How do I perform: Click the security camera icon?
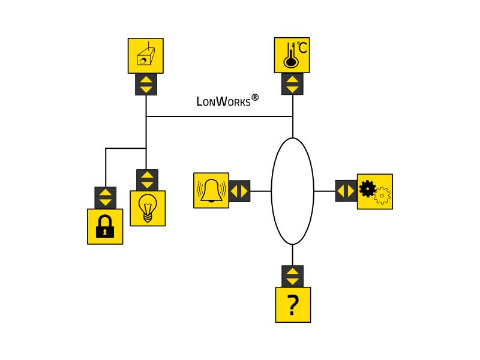click(x=146, y=56)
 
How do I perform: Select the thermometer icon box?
click(x=292, y=55)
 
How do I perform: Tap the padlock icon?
click(x=105, y=227)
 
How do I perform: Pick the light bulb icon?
click(x=148, y=208)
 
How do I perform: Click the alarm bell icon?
click(x=211, y=190)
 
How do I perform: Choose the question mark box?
click(x=293, y=305)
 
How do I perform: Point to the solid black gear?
click(x=367, y=188)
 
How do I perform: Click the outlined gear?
click(x=382, y=196)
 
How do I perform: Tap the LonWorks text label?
click(x=223, y=101)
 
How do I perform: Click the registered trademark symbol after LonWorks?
click(x=255, y=98)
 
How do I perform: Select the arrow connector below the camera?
click(x=146, y=84)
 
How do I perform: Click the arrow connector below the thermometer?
click(x=292, y=84)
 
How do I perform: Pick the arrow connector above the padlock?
click(x=106, y=198)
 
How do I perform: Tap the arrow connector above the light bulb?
click(x=147, y=180)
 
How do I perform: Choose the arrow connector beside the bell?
click(x=239, y=191)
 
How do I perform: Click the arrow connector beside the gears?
click(x=346, y=191)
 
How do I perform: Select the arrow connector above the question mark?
click(x=292, y=276)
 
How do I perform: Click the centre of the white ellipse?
click(x=293, y=191)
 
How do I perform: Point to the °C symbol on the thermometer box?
click(x=302, y=47)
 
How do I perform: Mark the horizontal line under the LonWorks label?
click(x=220, y=116)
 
